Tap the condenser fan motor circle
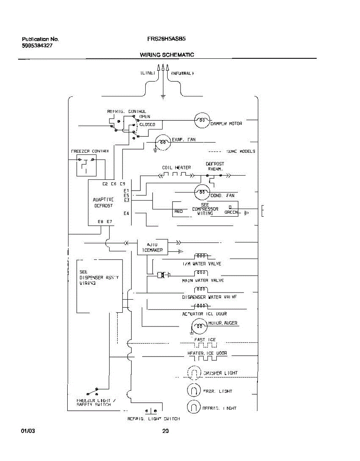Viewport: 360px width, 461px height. pyautogui.click(x=202, y=192)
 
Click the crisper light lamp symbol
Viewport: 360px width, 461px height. pyautogui.click(x=194, y=373)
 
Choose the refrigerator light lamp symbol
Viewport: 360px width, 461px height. pyautogui.click(x=194, y=407)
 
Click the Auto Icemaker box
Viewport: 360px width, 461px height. pyautogui.click(x=153, y=247)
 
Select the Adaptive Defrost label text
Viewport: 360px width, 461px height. pyautogui.click(x=103, y=202)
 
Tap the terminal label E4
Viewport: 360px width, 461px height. pyautogui.click(x=126, y=213)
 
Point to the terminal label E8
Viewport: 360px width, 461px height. pyautogui.click(x=100, y=222)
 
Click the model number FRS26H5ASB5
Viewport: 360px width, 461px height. pyautogui.click(x=167, y=39)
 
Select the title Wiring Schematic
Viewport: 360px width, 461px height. pyautogui.click(x=167, y=55)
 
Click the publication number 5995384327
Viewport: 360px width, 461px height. pyautogui.click(x=37, y=45)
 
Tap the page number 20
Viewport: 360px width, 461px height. pyautogui.click(x=166, y=431)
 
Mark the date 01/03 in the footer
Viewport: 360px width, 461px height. pyautogui.click(x=28, y=431)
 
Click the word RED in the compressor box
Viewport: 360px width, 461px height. pyautogui.click(x=179, y=211)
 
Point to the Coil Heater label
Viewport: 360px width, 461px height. pyautogui.click(x=176, y=167)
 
